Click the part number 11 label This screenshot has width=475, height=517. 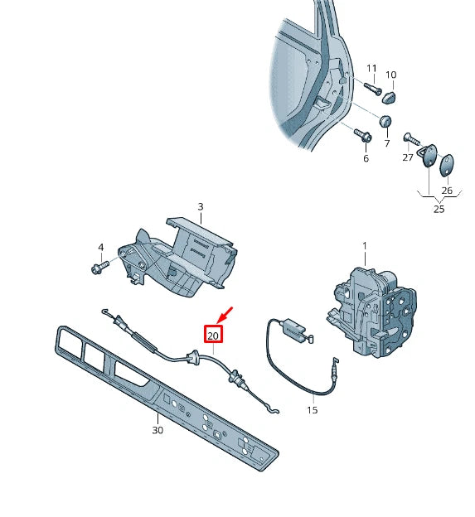[x=371, y=68]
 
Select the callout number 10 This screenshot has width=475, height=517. [x=391, y=75]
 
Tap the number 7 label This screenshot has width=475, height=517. [x=386, y=143]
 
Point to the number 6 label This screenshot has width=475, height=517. [x=366, y=158]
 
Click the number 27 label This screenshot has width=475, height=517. [x=408, y=157]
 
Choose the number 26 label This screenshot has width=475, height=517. [x=447, y=191]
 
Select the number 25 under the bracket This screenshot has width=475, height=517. [x=439, y=209]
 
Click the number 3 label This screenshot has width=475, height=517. [x=200, y=206]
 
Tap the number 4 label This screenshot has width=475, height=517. [x=101, y=247]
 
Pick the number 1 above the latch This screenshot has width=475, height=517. [x=363, y=246]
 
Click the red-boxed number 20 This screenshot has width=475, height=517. [x=213, y=336]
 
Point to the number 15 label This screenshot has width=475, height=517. [x=312, y=409]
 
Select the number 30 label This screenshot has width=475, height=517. [x=158, y=430]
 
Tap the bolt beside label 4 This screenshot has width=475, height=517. [x=99, y=267]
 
